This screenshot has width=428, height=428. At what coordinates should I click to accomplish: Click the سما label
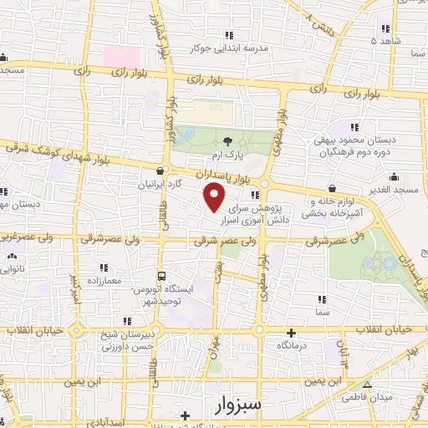click(322, 311)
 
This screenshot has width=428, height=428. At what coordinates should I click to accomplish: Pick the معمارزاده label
click(104, 280)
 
